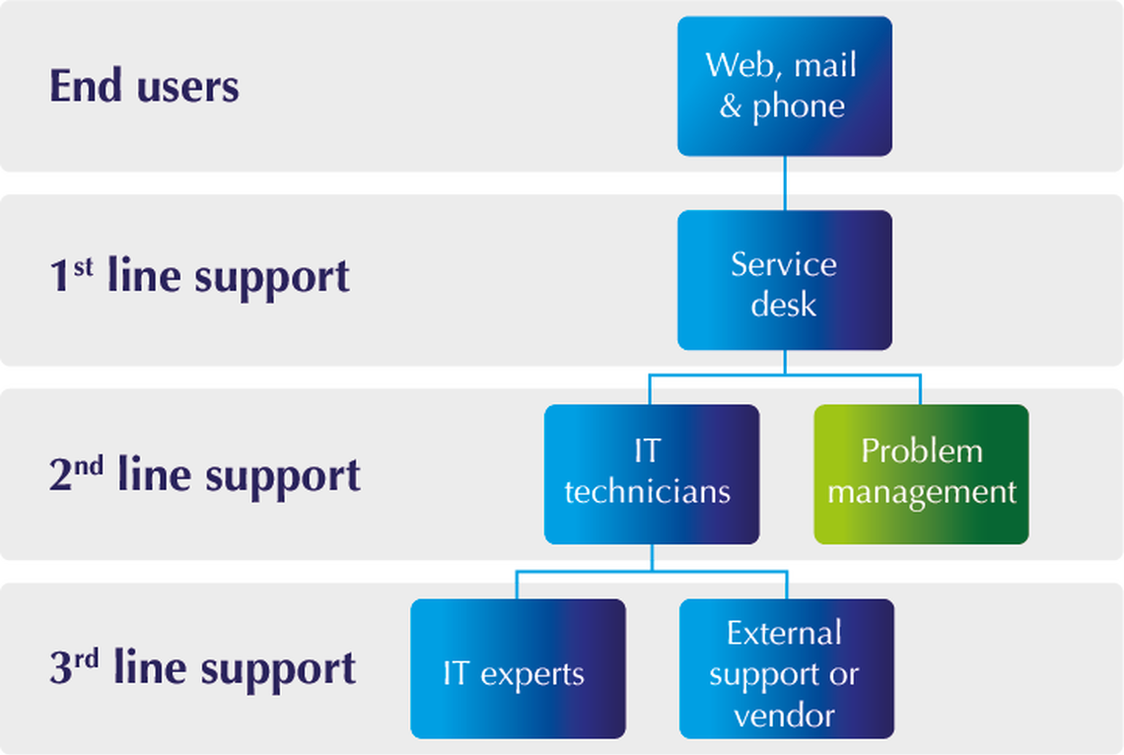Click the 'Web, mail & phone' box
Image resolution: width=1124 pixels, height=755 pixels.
click(x=784, y=86)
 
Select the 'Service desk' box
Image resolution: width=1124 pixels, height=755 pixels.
click(x=784, y=281)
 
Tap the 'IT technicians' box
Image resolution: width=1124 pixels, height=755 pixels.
click(x=651, y=474)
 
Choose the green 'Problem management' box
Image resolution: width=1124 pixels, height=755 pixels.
click(x=921, y=474)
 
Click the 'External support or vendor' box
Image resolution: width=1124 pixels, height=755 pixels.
click(x=786, y=669)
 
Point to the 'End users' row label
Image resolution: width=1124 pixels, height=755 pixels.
click(x=144, y=87)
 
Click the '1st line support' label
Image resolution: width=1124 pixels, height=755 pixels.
click(x=199, y=276)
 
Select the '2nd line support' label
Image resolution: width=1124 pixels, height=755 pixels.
click(x=204, y=474)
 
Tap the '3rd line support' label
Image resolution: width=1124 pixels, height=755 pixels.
click(x=202, y=668)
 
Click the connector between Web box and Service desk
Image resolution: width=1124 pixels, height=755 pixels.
click(x=785, y=183)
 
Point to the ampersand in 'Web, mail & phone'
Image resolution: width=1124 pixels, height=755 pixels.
click(x=730, y=105)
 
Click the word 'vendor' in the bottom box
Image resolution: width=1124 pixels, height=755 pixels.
click(x=785, y=714)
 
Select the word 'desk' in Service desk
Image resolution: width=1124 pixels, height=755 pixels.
click(x=784, y=303)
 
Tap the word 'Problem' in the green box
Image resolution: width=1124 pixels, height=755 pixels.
click(x=921, y=451)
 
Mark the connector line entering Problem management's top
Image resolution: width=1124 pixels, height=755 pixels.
click(x=920, y=391)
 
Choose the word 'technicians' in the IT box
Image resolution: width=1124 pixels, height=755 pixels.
click(x=648, y=491)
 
